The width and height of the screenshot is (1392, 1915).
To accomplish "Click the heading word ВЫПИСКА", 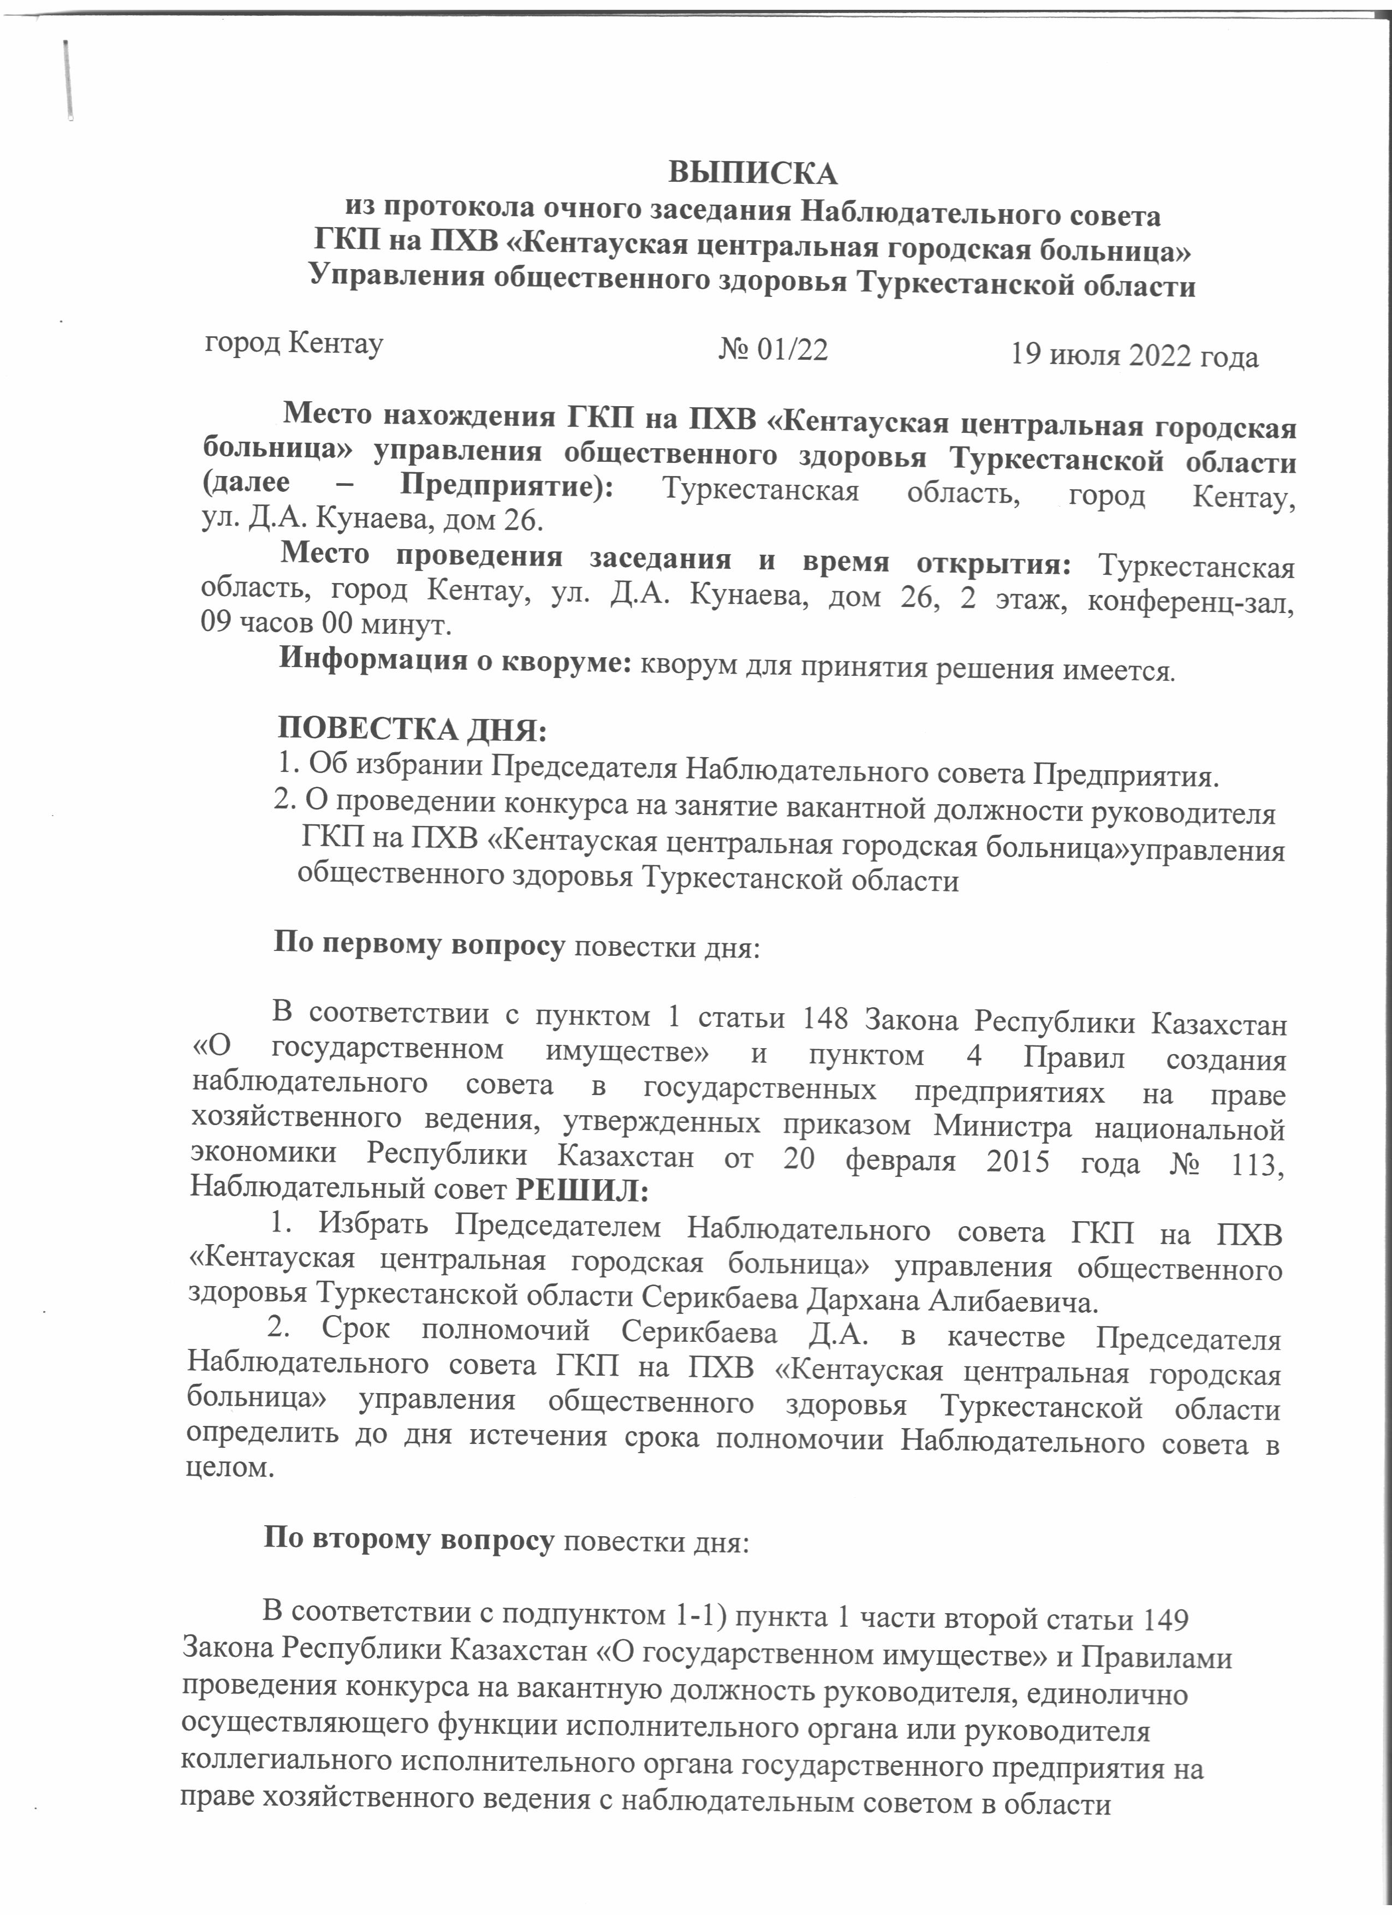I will [x=753, y=173].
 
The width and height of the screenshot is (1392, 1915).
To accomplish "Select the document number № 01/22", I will [x=772, y=349].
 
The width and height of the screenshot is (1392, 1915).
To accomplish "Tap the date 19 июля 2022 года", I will [x=1134, y=355].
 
